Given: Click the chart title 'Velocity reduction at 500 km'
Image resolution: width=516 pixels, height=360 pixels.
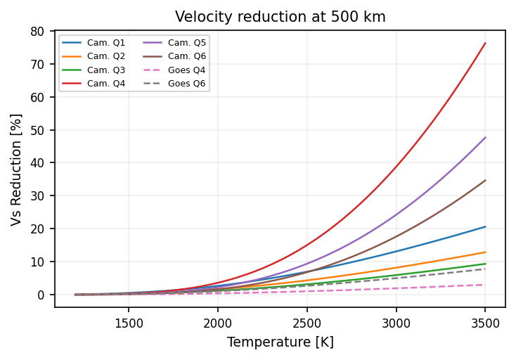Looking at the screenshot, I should tap(280, 17).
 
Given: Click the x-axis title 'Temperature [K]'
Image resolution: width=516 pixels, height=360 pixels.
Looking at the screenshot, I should tap(280, 342).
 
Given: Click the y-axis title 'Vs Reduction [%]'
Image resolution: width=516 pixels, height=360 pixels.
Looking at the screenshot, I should tap(16, 169).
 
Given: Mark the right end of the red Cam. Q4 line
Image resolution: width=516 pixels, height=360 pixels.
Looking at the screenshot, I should tap(485, 43).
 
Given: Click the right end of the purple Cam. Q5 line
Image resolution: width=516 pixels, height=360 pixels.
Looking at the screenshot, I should tap(485, 138).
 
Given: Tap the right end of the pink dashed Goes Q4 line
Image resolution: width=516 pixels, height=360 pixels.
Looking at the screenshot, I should tap(485, 285).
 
